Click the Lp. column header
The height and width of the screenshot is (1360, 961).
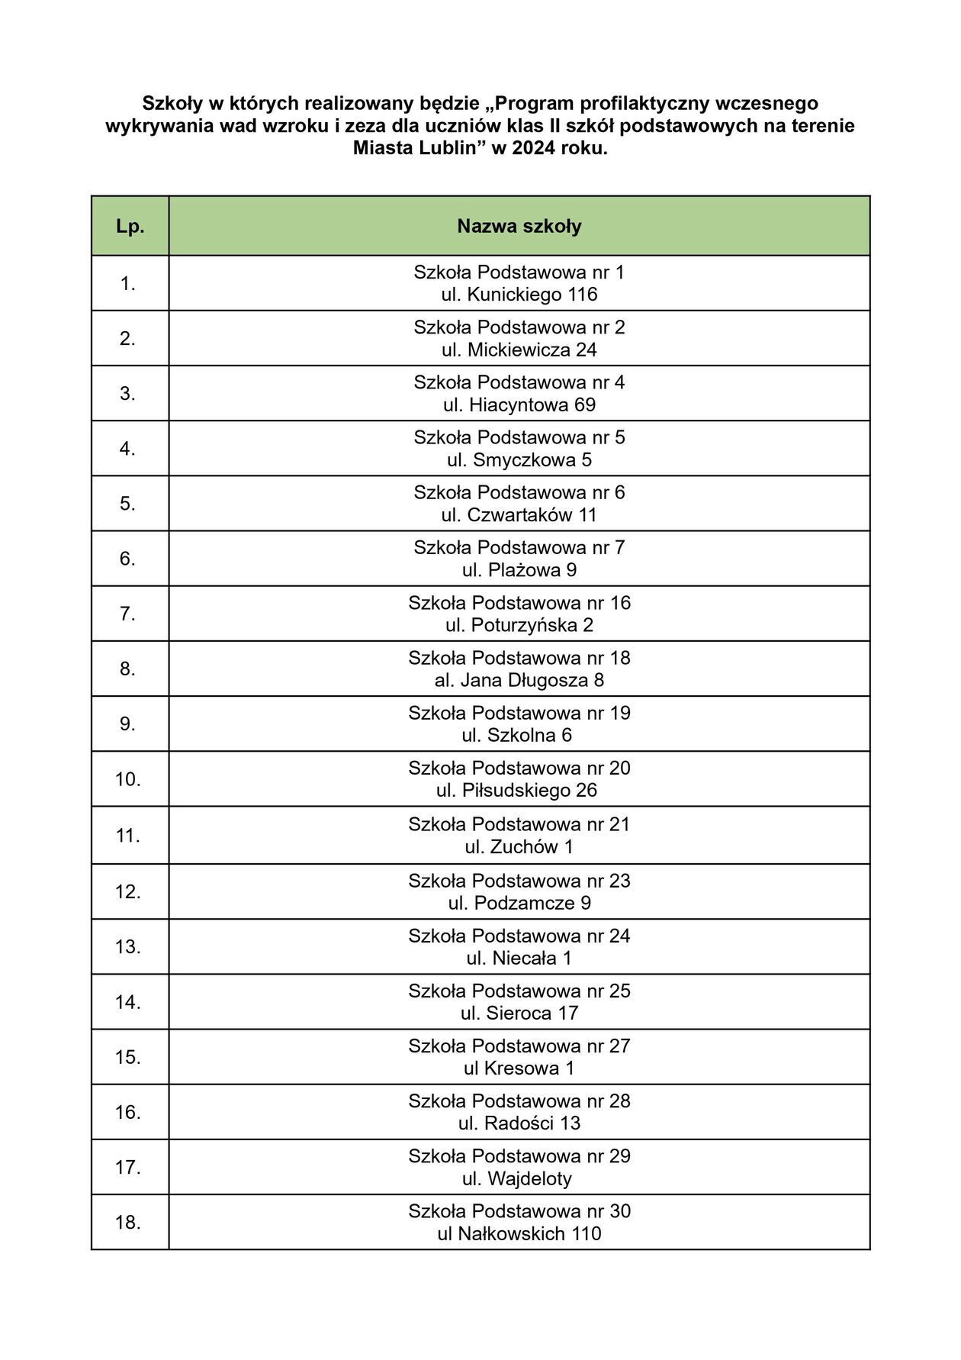[x=130, y=227]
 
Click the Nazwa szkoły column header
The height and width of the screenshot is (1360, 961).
[x=519, y=227]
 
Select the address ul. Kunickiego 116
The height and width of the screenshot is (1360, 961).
[x=519, y=295]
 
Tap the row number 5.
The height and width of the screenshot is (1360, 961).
[x=127, y=504]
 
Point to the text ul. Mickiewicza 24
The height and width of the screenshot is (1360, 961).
[x=519, y=350]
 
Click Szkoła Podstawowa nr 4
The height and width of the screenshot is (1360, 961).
[x=519, y=382]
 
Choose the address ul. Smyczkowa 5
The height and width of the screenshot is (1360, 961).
[x=519, y=460]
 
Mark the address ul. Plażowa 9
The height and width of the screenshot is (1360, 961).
[x=519, y=570]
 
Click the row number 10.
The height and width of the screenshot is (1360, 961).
[x=127, y=779]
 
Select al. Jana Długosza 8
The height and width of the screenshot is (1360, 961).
[x=519, y=680]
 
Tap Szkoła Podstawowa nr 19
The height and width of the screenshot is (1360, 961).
[x=519, y=713]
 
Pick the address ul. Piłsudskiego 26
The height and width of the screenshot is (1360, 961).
[x=519, y=791]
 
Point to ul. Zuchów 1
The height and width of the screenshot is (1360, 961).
[x=519, y=847]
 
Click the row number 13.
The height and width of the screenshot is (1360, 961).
[x=127, y=947]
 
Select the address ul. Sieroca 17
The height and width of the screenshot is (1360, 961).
[x=519, y=1014]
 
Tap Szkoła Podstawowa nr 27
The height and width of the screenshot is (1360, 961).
[x=519, y=1046]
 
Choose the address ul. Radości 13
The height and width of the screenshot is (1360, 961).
[x=519, y=1123]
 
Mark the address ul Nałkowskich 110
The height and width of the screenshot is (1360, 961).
[x=519, y=1234]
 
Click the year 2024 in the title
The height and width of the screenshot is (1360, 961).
[x=534, y=149]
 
